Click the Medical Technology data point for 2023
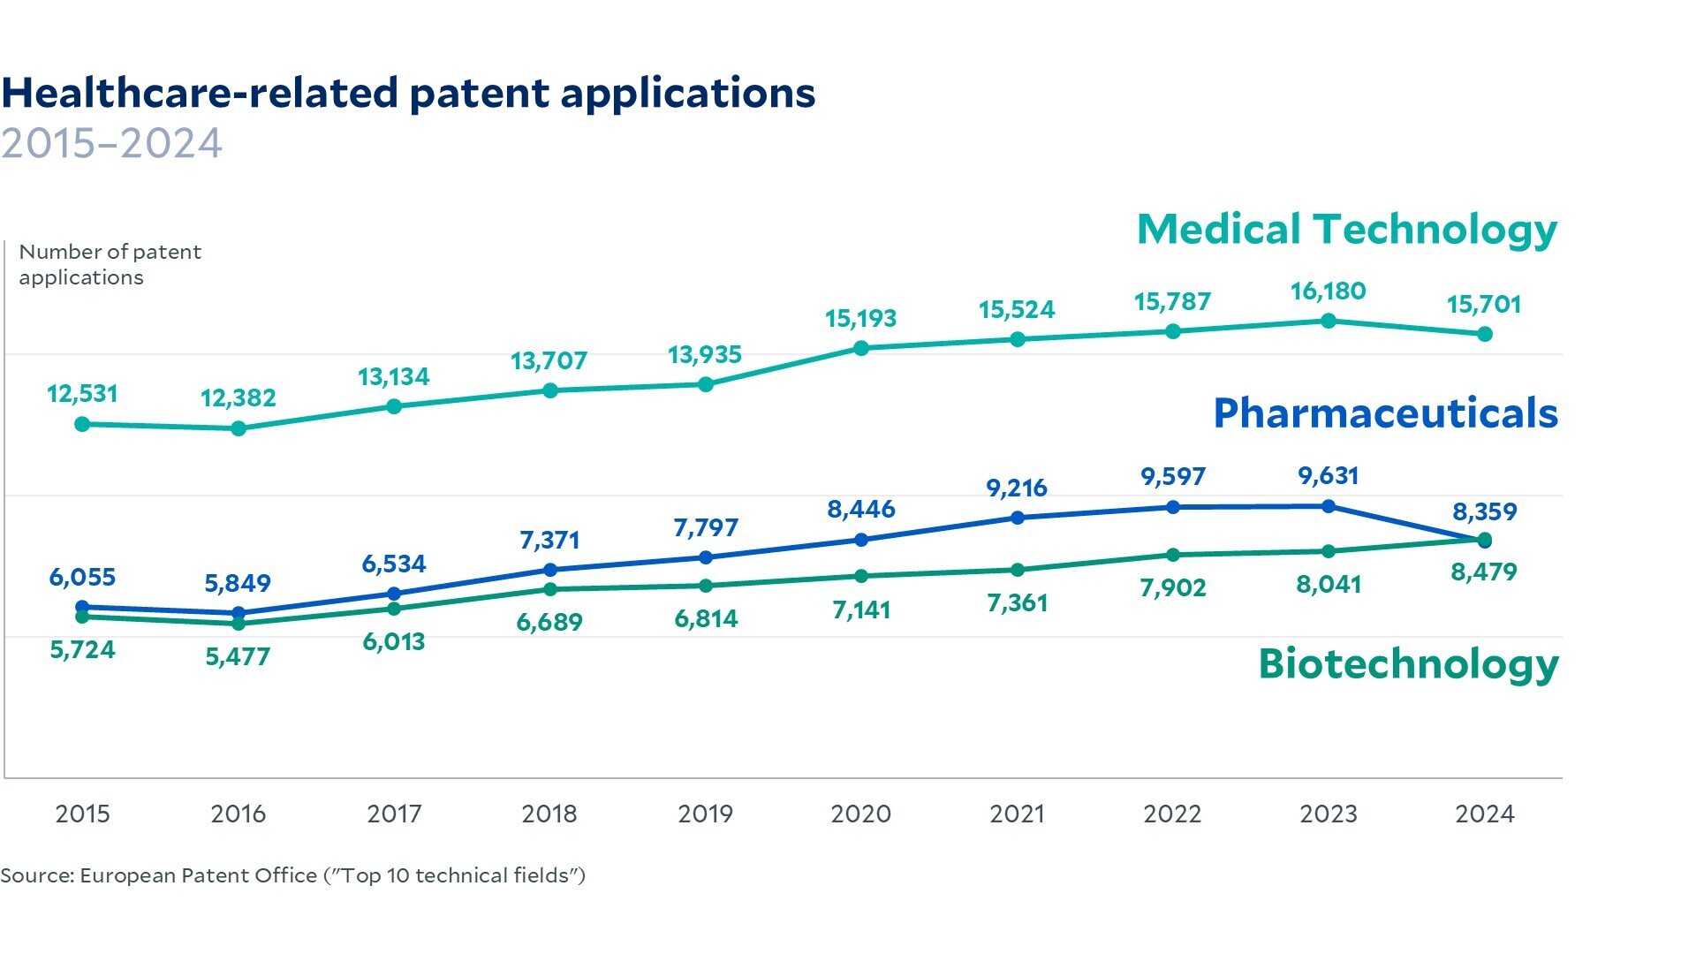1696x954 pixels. (1329, 321)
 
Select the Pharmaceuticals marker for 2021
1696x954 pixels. (1018, 518)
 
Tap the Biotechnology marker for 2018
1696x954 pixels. (550, 589)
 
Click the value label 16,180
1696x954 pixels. (1329, 291)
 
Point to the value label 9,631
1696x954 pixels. (1329, 475)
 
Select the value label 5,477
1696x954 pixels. (238, 656)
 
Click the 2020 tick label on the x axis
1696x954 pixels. (861, 814)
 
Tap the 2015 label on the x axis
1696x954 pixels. (83, 814)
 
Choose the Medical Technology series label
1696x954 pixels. (1347, 230)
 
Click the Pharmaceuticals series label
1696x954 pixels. (1385, 413)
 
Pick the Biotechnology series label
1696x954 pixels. (1408, 663)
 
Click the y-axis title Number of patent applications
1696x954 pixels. (110, 264)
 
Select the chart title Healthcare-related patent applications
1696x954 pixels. (408, 93)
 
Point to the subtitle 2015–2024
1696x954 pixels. (111, 143)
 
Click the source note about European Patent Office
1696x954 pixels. (292, 875)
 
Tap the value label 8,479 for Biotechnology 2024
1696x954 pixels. (1484, 572)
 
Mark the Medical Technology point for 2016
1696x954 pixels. (238, 428)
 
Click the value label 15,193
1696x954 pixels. (861, 318)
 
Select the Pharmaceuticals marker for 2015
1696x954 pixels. (83, 607)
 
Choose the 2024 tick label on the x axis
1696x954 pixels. (1484, 814)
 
